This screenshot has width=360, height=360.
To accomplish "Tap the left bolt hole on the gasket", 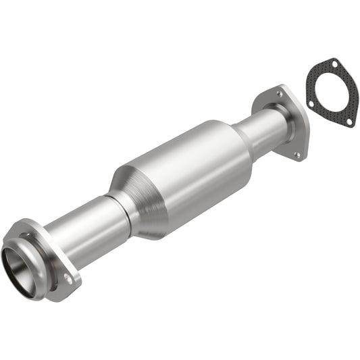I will coord(310,104).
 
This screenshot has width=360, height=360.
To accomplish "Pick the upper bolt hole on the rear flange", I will coord(280,95).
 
